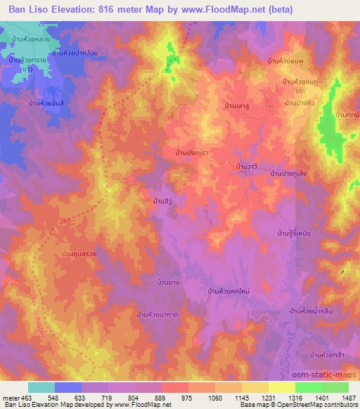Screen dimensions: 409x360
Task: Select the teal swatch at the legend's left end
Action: [x=41, y=387]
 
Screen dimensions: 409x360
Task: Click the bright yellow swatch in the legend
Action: [x=282, y=387]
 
